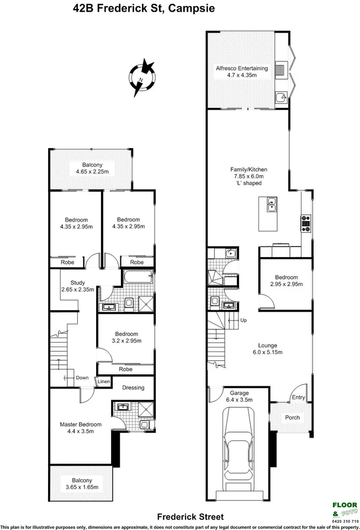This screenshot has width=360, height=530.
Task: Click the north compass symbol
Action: pyautogui.click(x=143, y=78)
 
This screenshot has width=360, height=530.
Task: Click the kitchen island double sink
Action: pyautogui.click(x=271, y=205)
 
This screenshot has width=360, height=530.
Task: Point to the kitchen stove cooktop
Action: pyautogui.click(x=305, y=223)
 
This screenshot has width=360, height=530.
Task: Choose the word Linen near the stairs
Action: pyautogui.click(x=103, y=382)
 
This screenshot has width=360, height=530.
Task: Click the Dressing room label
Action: pyautogui.click(x=133, y=387)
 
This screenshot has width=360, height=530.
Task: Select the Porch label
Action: pyautogui.click(x=292, y=417)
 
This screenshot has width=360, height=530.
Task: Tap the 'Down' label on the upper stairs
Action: pyautogui.click(x=81, y=378)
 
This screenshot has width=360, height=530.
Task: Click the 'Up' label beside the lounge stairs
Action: pyautogui.click(x=242, y=321)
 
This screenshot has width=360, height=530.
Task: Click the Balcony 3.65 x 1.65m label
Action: pyautogui.click(x=81, y=484)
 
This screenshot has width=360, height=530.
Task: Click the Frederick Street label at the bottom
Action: pyautogui.click(x=190, y=517)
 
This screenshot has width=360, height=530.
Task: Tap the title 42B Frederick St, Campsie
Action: pyautogui.click(x=136, y=8)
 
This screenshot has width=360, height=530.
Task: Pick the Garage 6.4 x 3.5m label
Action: pyautogui.click(x=239, y=396)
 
